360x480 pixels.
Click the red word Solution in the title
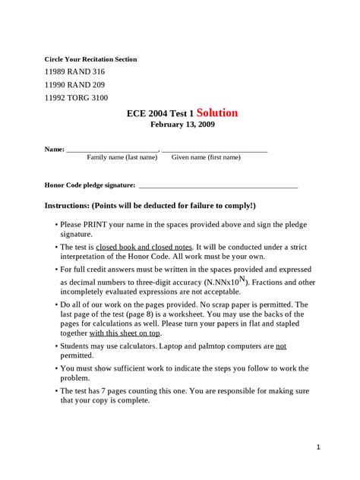[217, 113]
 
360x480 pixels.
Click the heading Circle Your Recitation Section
[90, 58]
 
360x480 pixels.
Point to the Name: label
[54, 149]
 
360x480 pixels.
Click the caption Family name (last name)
[122, 157]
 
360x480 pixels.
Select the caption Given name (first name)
[206, 157]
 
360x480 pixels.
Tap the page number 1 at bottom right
[319, 447]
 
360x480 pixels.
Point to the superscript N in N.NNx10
[242, 279]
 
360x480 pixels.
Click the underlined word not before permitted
[280, 346]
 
